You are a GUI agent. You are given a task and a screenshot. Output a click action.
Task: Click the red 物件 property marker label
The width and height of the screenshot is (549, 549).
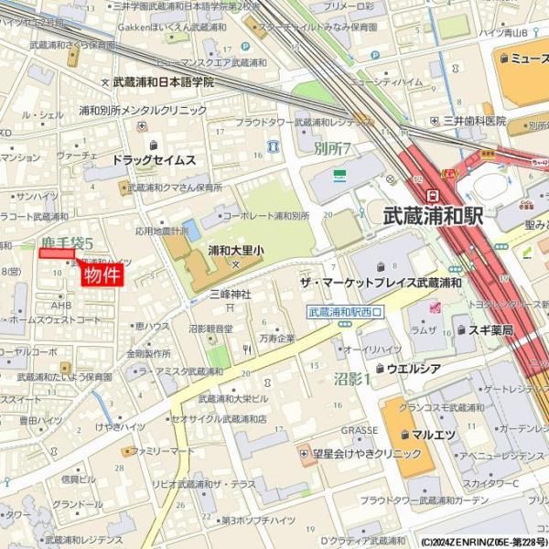pos(102,275)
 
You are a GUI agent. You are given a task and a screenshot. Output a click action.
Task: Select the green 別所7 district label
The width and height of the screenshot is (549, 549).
pos(332,147)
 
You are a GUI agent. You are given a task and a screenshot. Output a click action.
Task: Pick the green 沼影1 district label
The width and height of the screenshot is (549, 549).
pos(353,378)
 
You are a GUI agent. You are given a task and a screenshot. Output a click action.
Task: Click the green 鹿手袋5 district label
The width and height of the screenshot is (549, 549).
pos(68,243)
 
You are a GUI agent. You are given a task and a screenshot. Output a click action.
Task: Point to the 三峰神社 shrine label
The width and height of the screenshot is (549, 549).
pos(230,294)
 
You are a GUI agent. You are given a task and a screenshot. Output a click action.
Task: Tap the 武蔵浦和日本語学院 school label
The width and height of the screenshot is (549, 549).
pos(163,81)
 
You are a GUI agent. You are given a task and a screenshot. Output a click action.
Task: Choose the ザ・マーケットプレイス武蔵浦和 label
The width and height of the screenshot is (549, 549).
pos(376,285)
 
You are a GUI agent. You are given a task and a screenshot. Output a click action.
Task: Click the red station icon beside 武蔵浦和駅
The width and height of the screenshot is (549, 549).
pos(431,195)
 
